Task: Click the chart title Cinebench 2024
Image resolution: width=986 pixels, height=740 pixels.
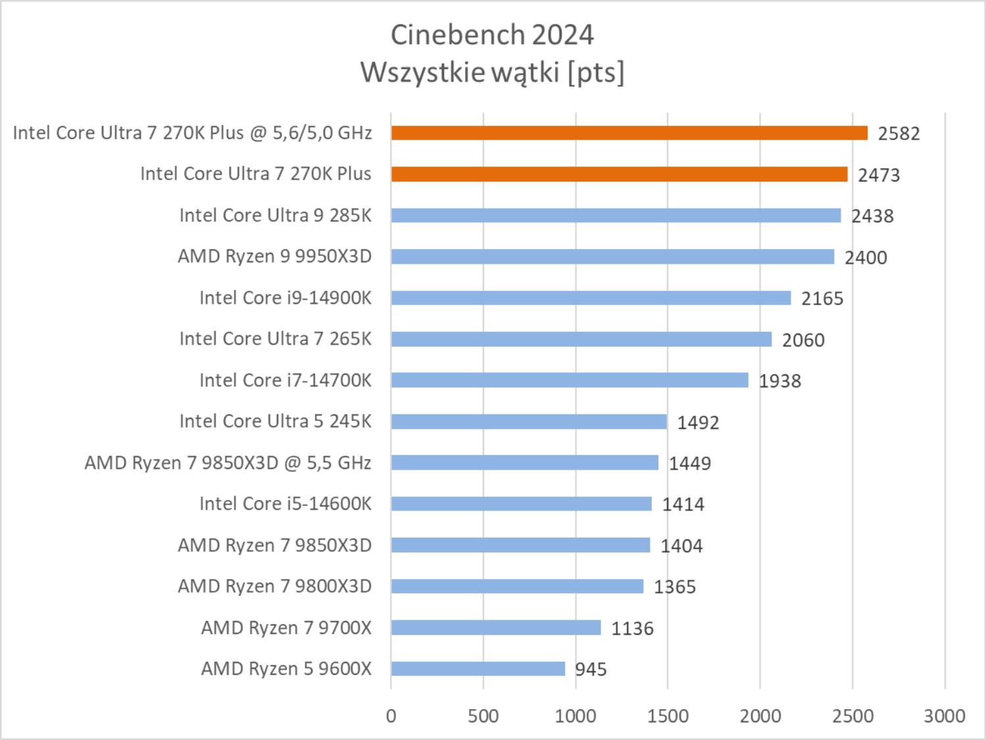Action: pos(492,35)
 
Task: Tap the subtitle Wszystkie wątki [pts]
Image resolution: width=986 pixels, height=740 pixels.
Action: pos(492,72)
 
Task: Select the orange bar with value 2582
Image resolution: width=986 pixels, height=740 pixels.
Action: pos(629,133)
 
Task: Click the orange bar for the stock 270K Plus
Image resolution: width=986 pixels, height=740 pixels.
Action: pos(619,174)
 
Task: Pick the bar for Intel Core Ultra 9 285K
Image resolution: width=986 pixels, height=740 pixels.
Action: pos(616,215)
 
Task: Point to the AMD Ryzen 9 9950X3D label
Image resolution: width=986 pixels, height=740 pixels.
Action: pos(274,256)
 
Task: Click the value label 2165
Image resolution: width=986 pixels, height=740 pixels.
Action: pos(822,299)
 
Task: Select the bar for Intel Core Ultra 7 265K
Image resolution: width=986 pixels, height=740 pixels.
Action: pos(581,339)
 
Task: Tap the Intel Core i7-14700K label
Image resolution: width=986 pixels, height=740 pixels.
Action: pos(285,380)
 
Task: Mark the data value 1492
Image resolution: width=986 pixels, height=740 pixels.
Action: pos(698,422)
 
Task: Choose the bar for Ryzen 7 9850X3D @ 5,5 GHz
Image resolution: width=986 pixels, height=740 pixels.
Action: pos(524,462)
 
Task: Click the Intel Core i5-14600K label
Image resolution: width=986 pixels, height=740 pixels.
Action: pos(285,504)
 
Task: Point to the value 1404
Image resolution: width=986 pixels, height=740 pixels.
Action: pos(681,546)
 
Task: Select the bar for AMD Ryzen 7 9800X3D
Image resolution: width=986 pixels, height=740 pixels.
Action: pos(517,586)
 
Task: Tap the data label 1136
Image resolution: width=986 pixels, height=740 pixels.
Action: pos(632,629)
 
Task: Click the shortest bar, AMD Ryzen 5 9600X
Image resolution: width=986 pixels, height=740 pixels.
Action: pos(478,669)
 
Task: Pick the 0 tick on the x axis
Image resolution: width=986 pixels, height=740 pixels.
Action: pos(391,716)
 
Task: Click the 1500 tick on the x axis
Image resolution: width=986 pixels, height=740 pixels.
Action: pos(668,716)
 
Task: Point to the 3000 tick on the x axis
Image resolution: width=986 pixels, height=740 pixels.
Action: pos(945,716)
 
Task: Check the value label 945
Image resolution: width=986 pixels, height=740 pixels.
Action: pos(591,670)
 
